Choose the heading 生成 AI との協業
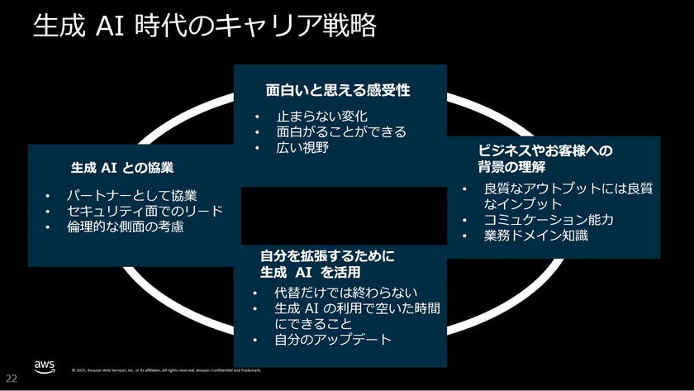[x=121, y=167]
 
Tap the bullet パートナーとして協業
[x=131, y=196]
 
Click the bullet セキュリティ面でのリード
[x=145, y=211]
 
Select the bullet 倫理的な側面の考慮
[x=125, y=226]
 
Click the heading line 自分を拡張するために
[x=327, y=255]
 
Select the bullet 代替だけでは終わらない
[x=347, y=293]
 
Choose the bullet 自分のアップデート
[x=333, y=340]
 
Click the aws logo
[x=45, y=366]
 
